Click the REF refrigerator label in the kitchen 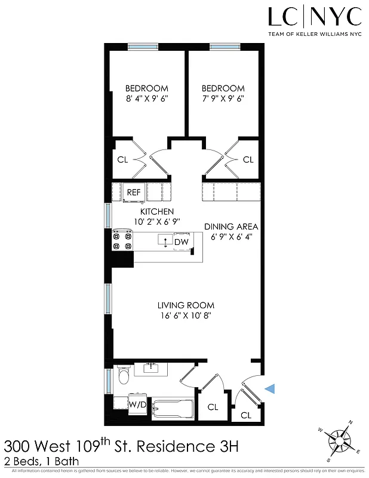tap(133, 192)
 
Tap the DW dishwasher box tap(182, 241)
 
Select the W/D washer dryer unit tap(137, 405)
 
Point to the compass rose tap(341, 443)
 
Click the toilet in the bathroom tap(124, 376)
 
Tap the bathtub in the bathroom tap(173, 409)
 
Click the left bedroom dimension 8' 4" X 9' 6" tap(147, 99)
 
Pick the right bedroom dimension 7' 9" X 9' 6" tap(223, 99)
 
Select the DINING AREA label tap(231, 226)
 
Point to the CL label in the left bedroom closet tap(122, 160)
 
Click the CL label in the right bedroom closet tap(248, 160)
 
